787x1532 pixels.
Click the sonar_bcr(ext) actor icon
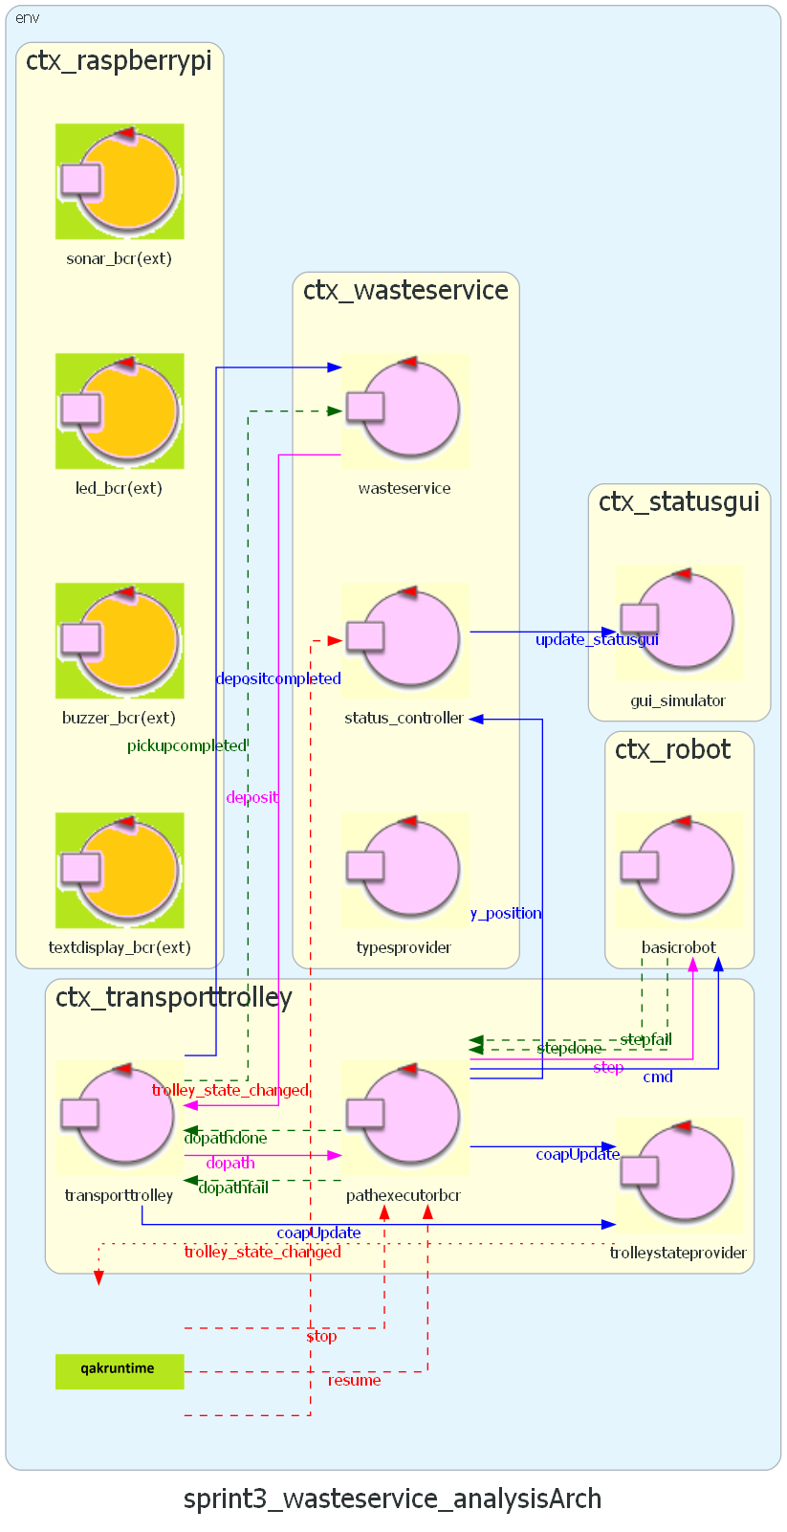point(120,181)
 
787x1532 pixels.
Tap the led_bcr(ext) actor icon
point(120,411)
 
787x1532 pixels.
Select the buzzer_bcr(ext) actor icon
point(120,641)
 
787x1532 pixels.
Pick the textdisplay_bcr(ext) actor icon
point(120,871)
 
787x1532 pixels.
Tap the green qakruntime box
point(120,1371)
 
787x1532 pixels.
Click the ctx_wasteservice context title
point(405,291)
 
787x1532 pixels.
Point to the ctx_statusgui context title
point(679,502)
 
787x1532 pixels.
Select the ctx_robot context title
point(673,749)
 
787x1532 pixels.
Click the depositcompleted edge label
point(278,678)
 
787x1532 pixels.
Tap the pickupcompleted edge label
point(186,745)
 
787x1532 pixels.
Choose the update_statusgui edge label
point(597,639)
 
